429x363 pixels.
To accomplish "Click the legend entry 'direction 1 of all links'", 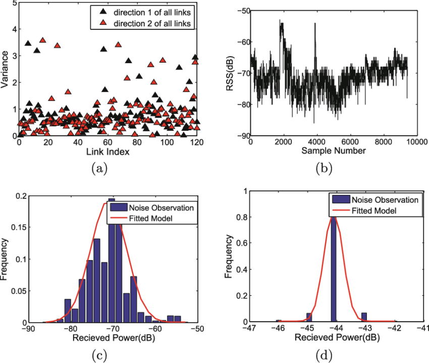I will [151, 11].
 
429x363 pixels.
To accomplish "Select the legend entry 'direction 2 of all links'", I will [151, 23].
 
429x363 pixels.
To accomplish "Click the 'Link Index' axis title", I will [108, 152].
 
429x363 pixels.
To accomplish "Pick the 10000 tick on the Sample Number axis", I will [415, 142].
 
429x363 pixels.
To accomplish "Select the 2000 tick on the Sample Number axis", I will [283, 142].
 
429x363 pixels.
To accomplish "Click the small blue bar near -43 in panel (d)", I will [364, 317].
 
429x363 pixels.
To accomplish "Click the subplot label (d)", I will [324, 355].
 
